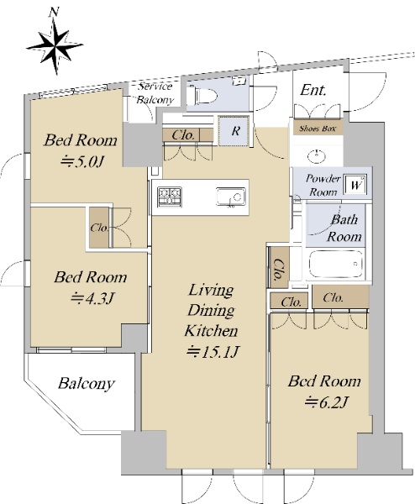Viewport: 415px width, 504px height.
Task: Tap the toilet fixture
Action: coord(202,94)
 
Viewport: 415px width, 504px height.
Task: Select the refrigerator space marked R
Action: coord(234,130)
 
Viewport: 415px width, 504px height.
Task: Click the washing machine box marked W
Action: coord(355,185)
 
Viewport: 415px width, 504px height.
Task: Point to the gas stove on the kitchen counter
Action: coord(170,196)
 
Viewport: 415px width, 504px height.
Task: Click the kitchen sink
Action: coord(231,197)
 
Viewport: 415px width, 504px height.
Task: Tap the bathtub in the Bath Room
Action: coord(335,264)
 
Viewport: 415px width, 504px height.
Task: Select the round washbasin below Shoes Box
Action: coord(316,156)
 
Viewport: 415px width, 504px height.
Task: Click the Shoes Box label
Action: coord(318,129)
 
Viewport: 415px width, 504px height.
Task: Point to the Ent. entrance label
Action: coord(313,91)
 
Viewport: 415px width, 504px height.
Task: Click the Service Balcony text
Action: coord(155,93)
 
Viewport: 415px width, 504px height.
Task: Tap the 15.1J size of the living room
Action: coord(213,352)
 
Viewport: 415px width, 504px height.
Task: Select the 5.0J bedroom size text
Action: coord(81,161)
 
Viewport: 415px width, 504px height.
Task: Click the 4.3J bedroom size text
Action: coord(92,298)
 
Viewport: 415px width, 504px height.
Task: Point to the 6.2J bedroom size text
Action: coord(325,402)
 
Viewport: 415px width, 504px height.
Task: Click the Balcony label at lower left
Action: coord(87,383)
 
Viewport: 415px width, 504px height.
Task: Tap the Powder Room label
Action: coord(323,185)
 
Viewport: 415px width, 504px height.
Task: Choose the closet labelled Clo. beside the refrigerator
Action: coord(187,134)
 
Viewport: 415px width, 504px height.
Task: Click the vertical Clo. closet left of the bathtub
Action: coord(278,267)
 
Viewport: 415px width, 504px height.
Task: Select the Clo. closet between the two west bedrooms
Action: coord(99,228)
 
